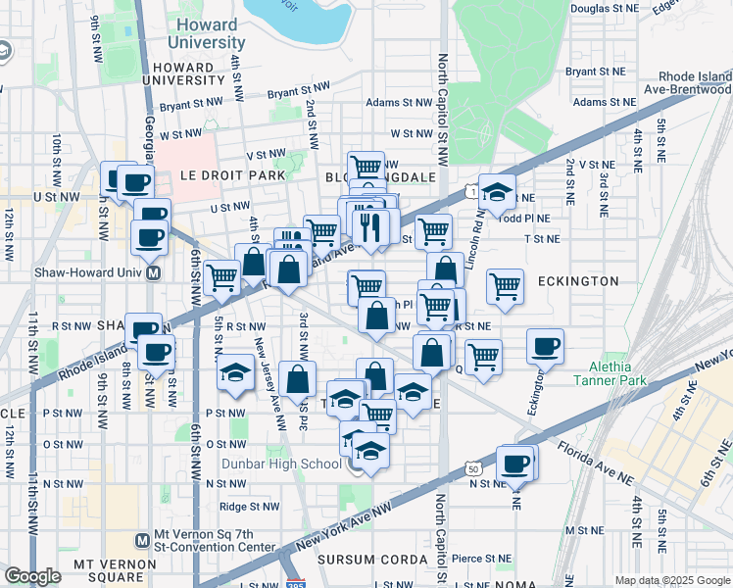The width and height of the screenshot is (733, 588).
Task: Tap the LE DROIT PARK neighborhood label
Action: click(x=232, y=175)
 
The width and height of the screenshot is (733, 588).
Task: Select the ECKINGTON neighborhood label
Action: click(x=577, y=281)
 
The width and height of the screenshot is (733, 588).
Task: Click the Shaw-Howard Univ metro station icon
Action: click(x=154, y=273)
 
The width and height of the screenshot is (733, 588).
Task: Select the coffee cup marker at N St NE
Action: click(x=515, y=464)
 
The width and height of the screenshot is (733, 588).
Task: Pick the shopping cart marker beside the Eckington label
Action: click(x=506, y=285)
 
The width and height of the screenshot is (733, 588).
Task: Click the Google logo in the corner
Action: click(x=32, y=576)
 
